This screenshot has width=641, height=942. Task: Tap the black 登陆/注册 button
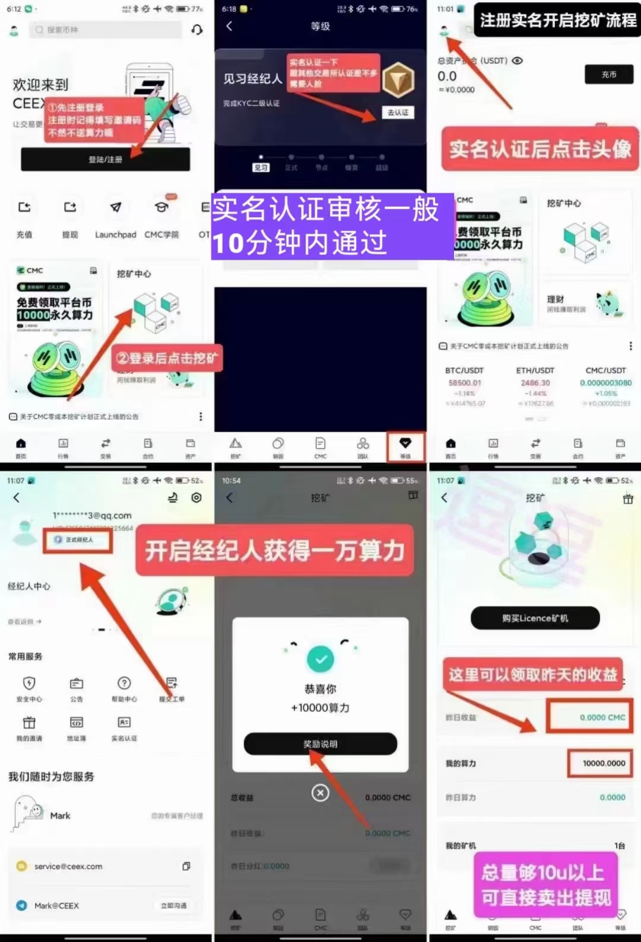tap(105, 159)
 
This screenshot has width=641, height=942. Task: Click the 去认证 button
tap(398, 113)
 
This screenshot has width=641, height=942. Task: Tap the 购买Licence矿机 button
tap(535, 618)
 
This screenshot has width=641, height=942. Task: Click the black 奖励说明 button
tap(320, 744)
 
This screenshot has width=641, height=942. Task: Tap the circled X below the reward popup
tap(320, 793)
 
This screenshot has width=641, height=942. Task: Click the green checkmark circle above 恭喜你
tap(320, 659)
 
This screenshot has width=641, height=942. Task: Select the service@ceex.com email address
tap(68, 866)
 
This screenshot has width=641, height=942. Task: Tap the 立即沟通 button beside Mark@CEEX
tap(174, 905)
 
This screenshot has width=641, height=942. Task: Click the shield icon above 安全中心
tap(29, 683)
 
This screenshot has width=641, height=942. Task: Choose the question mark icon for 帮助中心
tap(124, 683)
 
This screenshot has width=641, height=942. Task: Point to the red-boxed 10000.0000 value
tap(603, 764)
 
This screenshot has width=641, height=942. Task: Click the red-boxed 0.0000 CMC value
tap(602, 717)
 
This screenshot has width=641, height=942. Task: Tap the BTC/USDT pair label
tap(464, 371)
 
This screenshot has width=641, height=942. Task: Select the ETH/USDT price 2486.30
tap(535, 383)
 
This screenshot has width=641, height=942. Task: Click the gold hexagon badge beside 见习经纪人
tap(398, 80)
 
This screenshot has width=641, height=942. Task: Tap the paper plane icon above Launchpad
tap(116, 207)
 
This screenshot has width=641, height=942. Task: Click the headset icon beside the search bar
tap(197, 30)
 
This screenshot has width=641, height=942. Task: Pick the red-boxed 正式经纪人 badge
tap(78, 540)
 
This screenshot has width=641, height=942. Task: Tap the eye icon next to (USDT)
tap(518, 60)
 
